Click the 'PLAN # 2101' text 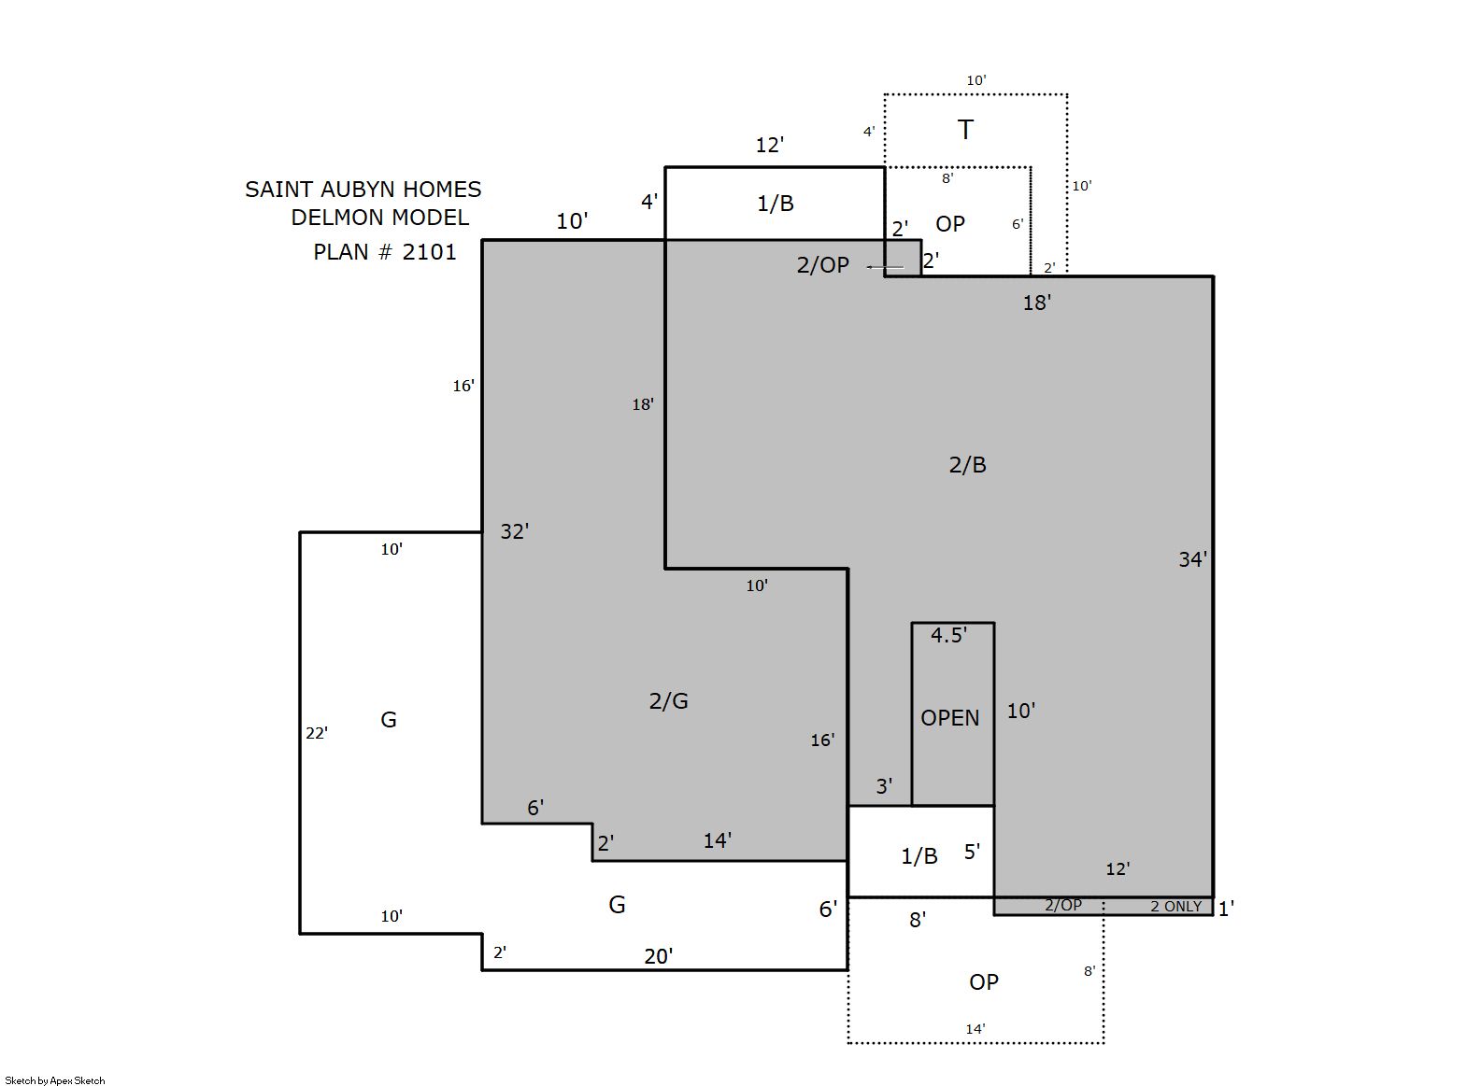[x=385, y=252]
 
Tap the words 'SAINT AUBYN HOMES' [x=363, y=190]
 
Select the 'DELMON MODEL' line [x=380, y=218]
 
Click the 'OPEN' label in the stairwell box [x=950, y=718]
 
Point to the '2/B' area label [x=967, y=465]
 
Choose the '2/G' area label [x=668, y=701]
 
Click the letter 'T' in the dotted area [x=965, y=130]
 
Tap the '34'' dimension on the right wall [x=1192, y=559]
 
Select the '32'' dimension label [x=515, y=531]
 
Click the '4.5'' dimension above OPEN [x=948, y=635]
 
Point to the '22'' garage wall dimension [x=317, y=733]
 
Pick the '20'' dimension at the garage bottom [x=659, y=956]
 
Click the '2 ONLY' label [x=1175, y=907]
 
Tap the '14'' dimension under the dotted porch [x=975, y=1029]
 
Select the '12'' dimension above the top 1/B [x=770, y=145]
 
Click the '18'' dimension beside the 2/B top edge [x=1037, y=303]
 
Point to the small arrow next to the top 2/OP [x=886, y=267]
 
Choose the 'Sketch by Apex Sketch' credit [x=55, y=1080]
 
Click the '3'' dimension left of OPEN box [x=884, y=786]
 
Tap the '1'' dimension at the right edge [x=1226, y=909]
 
